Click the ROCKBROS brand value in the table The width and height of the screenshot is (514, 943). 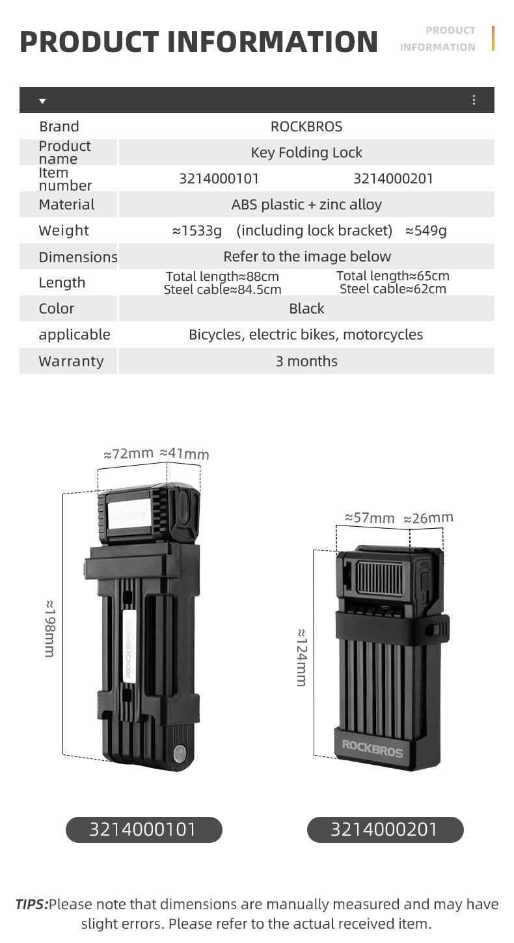click(x=306, y=126)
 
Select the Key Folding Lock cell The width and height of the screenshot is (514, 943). click(x=306, y=152)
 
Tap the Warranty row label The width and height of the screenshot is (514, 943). click(x=71, y=361)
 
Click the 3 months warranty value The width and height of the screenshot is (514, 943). click(x=306, y=361)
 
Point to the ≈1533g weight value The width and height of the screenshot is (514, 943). click(x=197, y=230)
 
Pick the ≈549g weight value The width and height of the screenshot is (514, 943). click(x=426, y=230)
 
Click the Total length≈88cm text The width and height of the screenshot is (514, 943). click(x=223, y=276)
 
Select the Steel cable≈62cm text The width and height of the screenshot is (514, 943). click(x=393, y=289)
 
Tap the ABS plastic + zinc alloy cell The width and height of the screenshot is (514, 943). click(x=306, y=204)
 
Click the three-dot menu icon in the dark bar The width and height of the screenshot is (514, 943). click(x=474, y=100)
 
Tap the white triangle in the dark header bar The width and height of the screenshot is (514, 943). click(x=42, y=101)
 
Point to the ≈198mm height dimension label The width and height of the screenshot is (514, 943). click(x=49, y=628)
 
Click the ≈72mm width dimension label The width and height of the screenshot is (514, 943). click(x=129, y=453)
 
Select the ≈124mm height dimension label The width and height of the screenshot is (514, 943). click(x=301, y=657)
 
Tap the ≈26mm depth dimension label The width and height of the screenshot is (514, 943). click(x=428, y=518)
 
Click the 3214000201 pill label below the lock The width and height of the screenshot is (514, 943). click(x=385, y=829)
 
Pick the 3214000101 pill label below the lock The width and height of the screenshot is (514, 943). click(x=143, y=829)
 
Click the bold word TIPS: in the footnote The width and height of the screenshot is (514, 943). click(x=31, y=904)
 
